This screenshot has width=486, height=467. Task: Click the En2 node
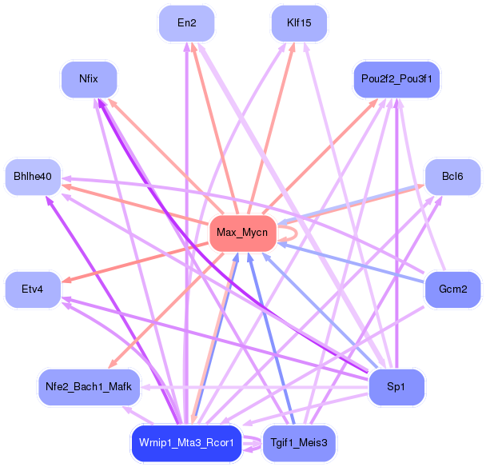coord(187,23)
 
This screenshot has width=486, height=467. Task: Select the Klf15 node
coord(299,23)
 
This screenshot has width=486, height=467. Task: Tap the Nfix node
coord(89,80)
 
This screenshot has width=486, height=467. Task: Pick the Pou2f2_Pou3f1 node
coord(396,80)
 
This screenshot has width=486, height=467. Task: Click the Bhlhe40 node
coord(33,177)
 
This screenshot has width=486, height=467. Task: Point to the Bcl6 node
coord(452,177)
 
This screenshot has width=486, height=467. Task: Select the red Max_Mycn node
coord(242,233)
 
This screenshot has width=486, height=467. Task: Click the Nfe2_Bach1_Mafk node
coord(89,387)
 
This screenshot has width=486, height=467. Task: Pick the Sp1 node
coord(396,387)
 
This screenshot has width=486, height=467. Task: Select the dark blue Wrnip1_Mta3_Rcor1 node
coord(186,443)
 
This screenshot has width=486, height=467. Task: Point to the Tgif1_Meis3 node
coord(299,443)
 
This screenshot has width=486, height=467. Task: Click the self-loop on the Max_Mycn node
coord(293,233)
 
